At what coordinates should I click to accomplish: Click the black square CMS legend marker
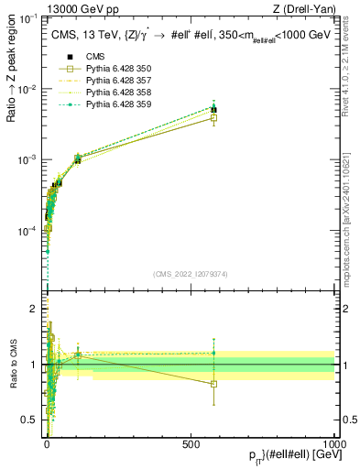(70, 57)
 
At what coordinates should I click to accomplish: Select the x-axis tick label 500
(191, 442)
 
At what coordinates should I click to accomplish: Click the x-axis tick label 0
(47, 442)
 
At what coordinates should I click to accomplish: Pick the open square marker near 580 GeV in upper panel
(213, 117)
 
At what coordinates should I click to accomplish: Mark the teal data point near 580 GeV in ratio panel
(213, 353)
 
